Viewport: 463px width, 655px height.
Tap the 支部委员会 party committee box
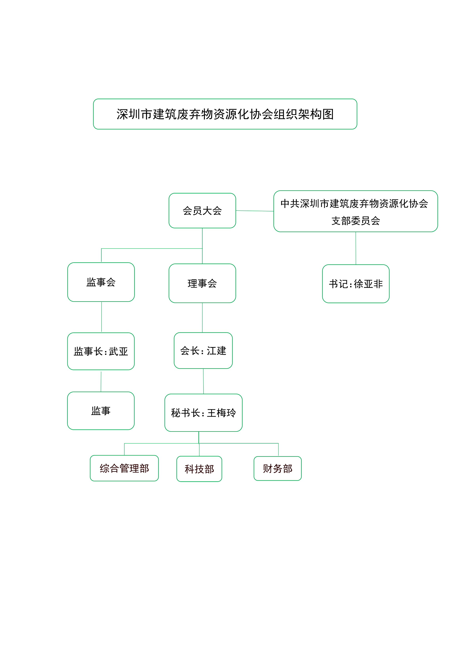click(356, 211)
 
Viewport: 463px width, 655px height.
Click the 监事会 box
click(101, 282)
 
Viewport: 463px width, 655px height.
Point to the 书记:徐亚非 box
click(356, 284)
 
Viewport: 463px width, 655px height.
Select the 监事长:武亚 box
click(101, 351)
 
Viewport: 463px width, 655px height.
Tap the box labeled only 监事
click(101, 411)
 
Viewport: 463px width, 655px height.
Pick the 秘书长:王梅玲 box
click(203, 413)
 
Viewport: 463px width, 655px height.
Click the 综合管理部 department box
click(124, 468)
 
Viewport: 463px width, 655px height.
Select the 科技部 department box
click(199, 469)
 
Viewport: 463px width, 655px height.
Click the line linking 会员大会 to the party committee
click(255, 211)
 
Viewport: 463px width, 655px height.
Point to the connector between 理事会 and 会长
click(203, 317)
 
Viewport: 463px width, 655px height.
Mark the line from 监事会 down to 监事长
click(102, 317)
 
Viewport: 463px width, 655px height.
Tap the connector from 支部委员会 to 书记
click(356, 248)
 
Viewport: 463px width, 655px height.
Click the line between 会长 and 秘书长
click(203, 381)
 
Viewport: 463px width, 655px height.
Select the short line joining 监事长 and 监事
click(101, 381)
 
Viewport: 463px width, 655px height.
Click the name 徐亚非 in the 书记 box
click(368, 284)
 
